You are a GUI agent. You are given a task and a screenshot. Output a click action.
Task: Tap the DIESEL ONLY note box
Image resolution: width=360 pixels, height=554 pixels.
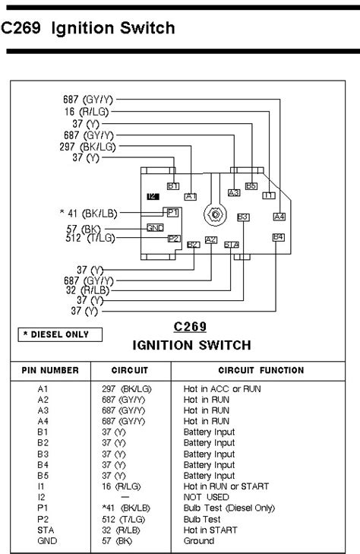(x=55, y=334)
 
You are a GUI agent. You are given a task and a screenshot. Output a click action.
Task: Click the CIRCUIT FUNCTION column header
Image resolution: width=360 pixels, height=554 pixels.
(x=261, y=371)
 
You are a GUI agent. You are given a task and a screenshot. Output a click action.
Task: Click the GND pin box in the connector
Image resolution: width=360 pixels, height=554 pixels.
(x=156, y=227)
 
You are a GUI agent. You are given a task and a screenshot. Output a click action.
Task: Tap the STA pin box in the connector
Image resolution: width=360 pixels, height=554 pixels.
(x=232, y=244)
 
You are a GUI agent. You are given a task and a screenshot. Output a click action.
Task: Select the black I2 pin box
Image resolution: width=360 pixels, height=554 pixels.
(x=153, y=196)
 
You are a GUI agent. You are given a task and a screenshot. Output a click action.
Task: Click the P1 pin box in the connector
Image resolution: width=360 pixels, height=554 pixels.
(x=172, y=212)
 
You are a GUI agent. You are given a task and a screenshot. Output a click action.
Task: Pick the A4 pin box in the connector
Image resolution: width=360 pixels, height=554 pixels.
(x=279, y=217)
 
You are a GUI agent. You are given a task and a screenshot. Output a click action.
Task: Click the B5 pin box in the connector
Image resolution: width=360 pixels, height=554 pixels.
(x=251, y=185)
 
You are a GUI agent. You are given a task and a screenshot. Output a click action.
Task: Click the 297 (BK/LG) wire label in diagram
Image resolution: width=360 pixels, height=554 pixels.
(x=87, y=147)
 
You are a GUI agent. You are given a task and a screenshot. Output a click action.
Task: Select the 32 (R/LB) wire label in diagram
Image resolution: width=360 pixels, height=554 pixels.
(x=82, y=290)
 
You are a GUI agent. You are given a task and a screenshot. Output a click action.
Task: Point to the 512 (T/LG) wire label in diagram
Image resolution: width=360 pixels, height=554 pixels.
(x=87, y=238)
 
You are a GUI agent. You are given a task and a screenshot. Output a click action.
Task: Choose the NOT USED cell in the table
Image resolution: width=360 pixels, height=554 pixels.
(x=204, y=497)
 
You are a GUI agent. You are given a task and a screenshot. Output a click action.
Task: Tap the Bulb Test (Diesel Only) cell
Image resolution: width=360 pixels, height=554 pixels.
(x=229, y=508)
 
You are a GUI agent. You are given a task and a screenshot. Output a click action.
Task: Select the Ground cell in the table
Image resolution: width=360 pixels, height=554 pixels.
(x=199, y=540)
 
